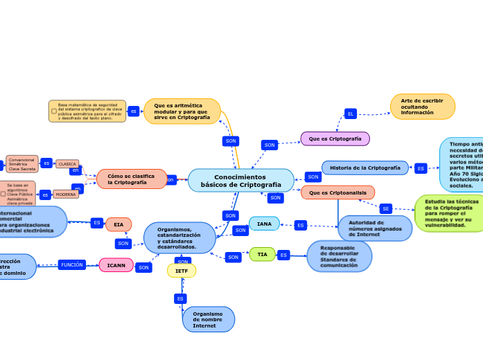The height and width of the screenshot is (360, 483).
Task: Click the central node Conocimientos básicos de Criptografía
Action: pos(240,181)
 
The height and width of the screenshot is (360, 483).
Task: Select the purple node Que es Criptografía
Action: pos(335,138)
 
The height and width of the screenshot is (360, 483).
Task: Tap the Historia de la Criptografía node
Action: pos(365,168)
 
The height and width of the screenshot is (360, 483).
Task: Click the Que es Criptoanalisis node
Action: pos(337,192)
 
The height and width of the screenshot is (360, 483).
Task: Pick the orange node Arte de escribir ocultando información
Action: pos(423,107)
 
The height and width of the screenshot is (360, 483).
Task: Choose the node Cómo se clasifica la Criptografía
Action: pos(131,179)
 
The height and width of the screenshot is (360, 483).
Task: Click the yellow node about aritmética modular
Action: pos(182,111)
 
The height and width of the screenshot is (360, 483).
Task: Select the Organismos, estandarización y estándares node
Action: pos(179,237)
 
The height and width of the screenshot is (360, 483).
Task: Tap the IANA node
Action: pos(264,224)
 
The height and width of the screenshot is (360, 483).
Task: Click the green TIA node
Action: pos(262,254)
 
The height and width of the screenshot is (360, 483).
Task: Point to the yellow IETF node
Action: pos(182,271)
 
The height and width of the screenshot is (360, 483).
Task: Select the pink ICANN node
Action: pos(116,265)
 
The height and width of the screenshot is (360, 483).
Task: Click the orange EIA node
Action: pos(118,224)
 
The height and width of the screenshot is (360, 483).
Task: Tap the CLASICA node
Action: pos(67,164)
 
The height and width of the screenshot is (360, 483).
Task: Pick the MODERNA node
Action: pos(66,195)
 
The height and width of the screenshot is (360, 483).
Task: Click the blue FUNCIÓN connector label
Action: pos(71,264)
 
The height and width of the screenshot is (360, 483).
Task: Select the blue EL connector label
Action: pos(351,114)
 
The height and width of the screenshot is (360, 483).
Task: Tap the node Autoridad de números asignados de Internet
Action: pos(375,228)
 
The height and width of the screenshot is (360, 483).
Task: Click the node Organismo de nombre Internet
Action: pos(208,319)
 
